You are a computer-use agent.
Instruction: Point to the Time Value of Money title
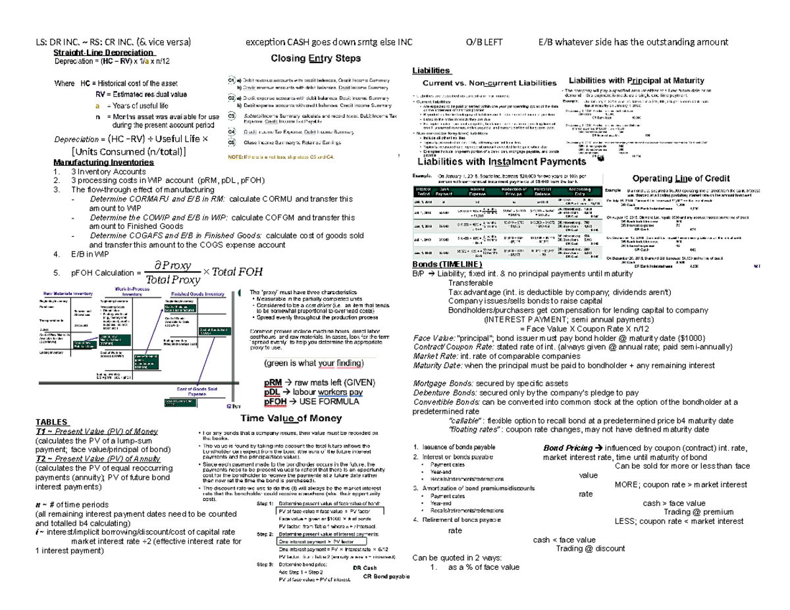[x=294, y=417]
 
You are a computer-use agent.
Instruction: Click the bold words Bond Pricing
[x=567, y=447]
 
